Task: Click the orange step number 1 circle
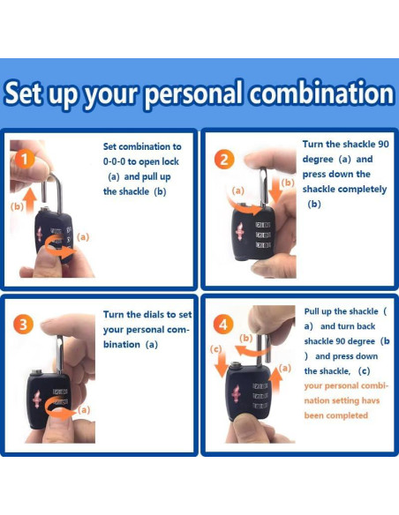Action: [25, 160]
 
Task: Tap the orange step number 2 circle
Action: [224, 160]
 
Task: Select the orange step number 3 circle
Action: [23, 325]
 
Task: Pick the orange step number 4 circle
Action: [223, 325]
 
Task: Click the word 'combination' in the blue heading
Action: [321, 93]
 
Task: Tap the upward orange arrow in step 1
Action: [30, 200]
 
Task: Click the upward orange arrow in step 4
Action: [276, 381]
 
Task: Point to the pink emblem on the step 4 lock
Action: [236, 392]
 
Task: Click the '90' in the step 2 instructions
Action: [383, 145]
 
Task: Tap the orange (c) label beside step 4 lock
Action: [216, 349]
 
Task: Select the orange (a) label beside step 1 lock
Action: [83, 237]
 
